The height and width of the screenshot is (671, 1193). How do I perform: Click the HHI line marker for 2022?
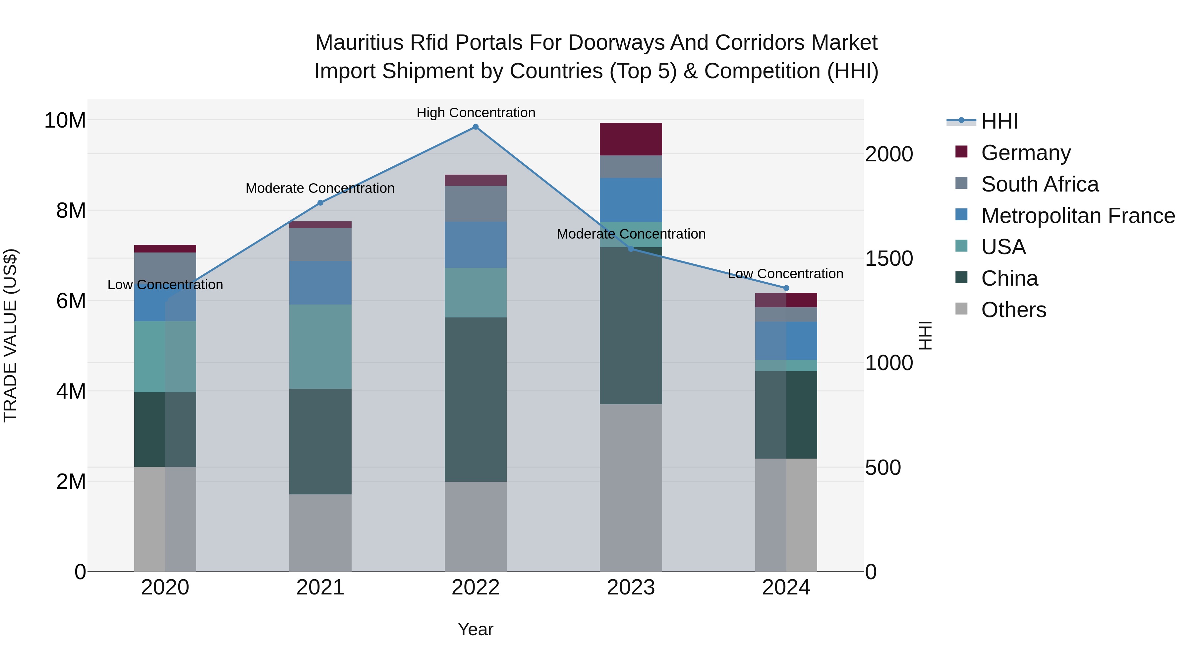(x=475, y=127)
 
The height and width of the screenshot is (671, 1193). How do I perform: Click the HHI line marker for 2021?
(x=320, y=203)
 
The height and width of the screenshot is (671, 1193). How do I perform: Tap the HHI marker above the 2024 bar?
(x=786, y=288)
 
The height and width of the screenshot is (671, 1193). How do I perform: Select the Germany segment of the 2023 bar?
(x=630, y=140)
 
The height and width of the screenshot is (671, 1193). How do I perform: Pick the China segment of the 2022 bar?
(x=475, y=399)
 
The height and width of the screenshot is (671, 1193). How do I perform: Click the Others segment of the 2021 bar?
(x=320, y=532)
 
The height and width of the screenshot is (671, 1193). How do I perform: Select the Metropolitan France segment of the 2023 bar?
(x=630, y=200)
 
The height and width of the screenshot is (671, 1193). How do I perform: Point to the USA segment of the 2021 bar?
(x=320, y=346)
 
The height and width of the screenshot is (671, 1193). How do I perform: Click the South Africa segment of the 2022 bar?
(x=475, y=204)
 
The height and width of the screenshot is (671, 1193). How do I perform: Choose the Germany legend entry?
(x=1025, y=153)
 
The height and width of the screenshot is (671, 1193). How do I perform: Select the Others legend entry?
(x=1013, y=310)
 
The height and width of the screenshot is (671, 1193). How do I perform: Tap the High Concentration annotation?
(x=476, y=113)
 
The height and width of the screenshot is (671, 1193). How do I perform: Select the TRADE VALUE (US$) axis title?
(x=10, y=335)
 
